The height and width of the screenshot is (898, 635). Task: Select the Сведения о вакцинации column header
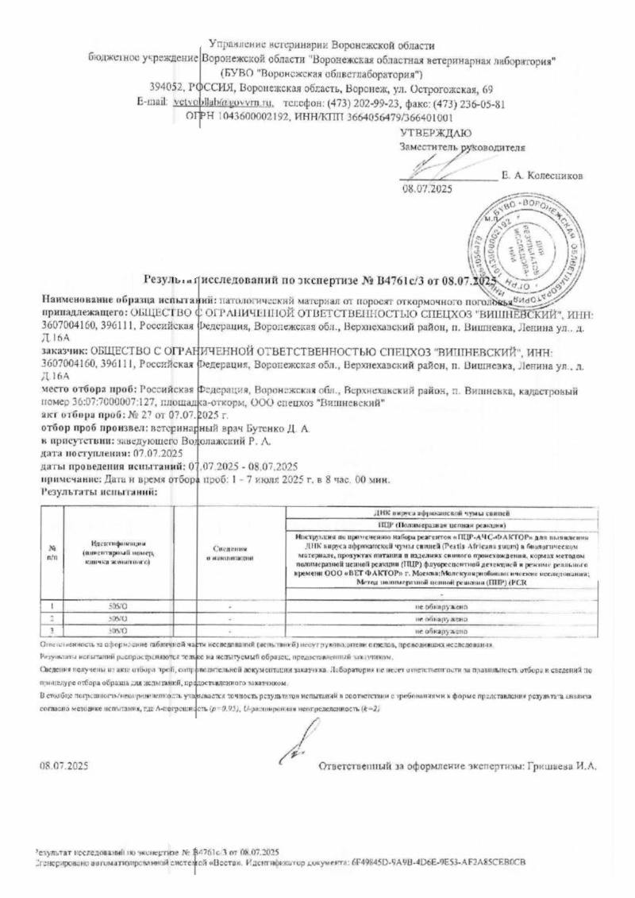tap(230, 554)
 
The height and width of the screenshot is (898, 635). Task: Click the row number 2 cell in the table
tap(52, 618)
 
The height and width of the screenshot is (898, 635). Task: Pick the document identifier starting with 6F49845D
tap(438, 861)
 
